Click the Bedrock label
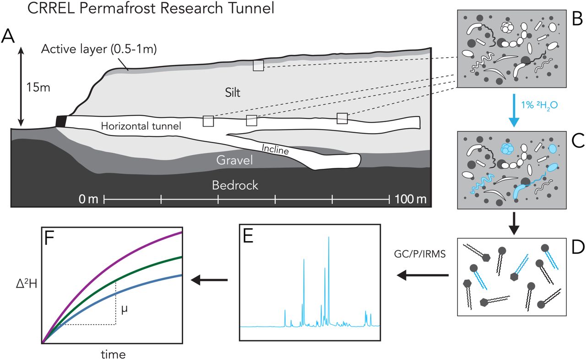click(236, 185)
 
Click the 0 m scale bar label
click(88, 199)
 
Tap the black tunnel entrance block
click(61, 121)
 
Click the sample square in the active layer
click(259, 65)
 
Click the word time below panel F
click(112, 354)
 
